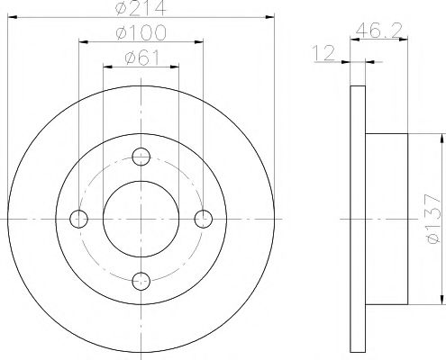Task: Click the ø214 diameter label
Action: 141,7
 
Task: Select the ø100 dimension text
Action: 141,31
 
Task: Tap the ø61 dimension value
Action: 142,57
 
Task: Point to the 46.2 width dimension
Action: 378,30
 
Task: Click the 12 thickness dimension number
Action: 323,53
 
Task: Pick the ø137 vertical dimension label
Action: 433,219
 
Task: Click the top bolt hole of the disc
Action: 141,157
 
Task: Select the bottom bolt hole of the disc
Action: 141,281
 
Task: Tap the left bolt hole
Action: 78,219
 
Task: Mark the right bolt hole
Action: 204,219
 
